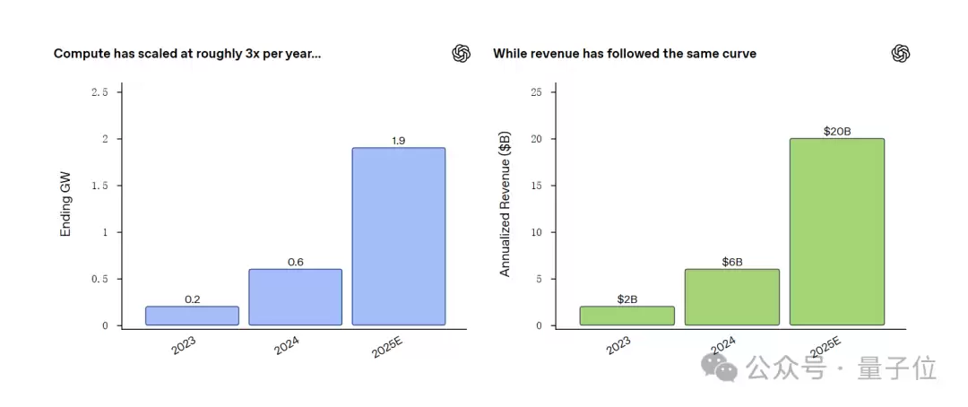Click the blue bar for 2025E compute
[x=398, y=236]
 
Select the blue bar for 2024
[x=295, y=297]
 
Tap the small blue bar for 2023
[x=192, y=316]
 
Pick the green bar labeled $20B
[x=836, y=231]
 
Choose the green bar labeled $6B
[x=731, y=297]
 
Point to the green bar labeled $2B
[x=627, y=316]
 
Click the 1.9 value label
[x=399, y=141]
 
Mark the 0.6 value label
[x=296, y=262]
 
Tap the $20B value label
[x=836, y=132]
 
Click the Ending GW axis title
[x=65, y=205]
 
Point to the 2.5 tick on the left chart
[x=99, y=92]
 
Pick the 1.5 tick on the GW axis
[x=99, y=186]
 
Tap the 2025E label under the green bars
[x=825, y=348]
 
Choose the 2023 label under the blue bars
[x=183, y=344]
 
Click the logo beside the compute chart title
[x=461, y=54]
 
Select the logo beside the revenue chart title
[x=900, y=54]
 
